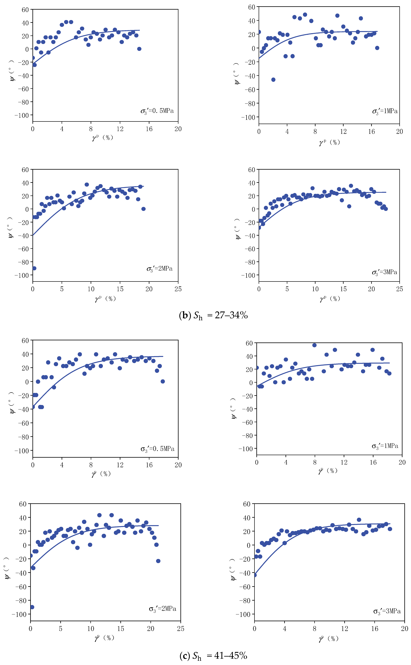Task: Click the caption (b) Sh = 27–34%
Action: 213,315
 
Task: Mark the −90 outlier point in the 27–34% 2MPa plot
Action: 34,268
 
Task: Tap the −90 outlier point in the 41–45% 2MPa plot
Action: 32,607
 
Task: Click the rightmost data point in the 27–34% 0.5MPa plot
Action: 139,49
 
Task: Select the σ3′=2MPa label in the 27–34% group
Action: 160,269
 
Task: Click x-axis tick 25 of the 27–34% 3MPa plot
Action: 399,289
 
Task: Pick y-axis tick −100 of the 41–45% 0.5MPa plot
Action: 22,451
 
